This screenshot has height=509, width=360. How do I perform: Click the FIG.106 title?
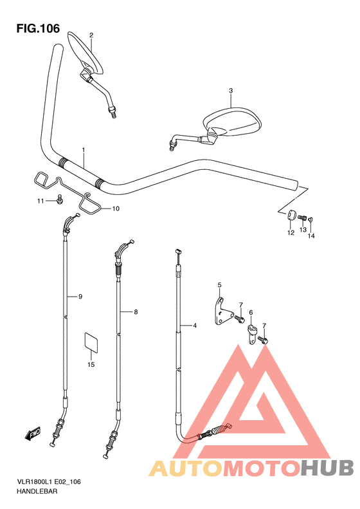click(x=38, y=28)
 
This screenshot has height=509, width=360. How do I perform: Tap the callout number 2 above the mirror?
click(x=91, y=35)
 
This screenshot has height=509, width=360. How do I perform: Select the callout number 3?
click(x=231, y=91)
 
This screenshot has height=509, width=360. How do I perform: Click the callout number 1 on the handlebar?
click(x=84, y=150)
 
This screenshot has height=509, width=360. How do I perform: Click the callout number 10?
click(x=116, y=208)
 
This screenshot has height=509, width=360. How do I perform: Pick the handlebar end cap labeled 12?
click(x=291, y=215)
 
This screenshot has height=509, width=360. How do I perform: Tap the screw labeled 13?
click(x=302, y=217)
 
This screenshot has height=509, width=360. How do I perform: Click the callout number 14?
click(x=311, y=236)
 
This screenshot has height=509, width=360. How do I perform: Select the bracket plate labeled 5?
click(x=223, y=311)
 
